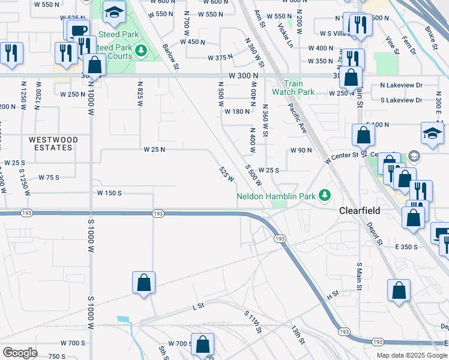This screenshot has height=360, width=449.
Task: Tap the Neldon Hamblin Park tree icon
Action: pyautogui.click(x=325, y=195)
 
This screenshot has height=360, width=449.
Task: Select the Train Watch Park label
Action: pyautogui.click(x=293, y=88)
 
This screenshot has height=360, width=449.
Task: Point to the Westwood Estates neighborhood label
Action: pyautogui.click(x=53, y=143)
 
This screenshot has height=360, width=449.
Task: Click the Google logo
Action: pyautogui.click(x=20, y=353)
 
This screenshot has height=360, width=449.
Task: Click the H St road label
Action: pyautogui.click(x=333, y=296)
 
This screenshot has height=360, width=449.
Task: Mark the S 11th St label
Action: pyautogui.click(x=253, y=322)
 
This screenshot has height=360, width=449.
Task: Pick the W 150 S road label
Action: pyautogui.click(x=109, y=193)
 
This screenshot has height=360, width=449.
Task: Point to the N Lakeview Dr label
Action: pyautogui.click(x=402, y=85)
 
